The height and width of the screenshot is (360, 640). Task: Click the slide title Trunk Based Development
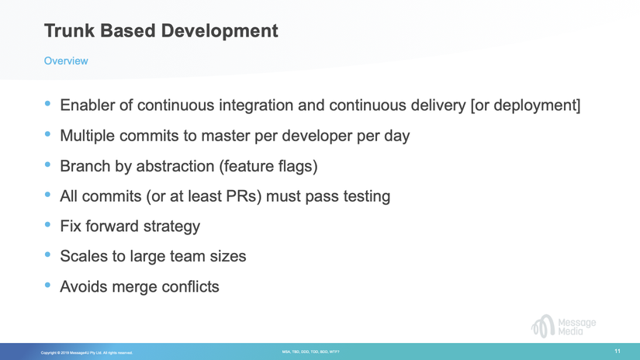tap(161, 31)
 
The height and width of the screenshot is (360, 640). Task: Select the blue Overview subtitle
tap(66, 61)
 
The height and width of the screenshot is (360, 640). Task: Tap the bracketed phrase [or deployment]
tap(525, 105)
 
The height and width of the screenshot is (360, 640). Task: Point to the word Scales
tap(85, 256)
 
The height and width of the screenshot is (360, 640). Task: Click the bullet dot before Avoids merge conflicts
tap(49, 286)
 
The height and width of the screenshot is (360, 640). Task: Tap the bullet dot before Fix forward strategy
tap(49, 225)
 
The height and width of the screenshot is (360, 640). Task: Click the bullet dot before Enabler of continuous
tap(49, 103)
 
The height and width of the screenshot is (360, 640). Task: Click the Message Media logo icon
tap(542, 326)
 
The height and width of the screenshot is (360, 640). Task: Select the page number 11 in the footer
tap(618, 351)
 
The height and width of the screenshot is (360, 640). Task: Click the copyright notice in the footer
tap(87, 353)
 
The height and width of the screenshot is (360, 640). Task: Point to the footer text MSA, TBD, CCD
tap(310, 352)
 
